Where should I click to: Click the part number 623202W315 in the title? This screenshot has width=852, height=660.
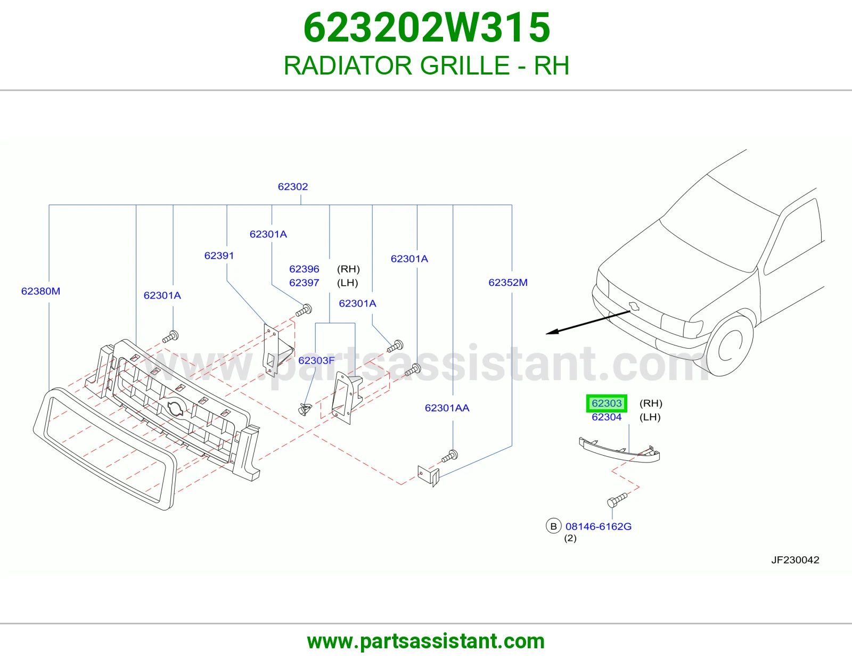[x=427, y=28]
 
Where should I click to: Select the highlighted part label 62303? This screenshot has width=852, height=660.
[x=607, y=403]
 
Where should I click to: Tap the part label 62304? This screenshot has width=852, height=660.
[x=607, y=417]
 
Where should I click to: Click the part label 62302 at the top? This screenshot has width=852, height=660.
[x=293, y=186]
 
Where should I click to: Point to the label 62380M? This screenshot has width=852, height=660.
[x=41, y=291]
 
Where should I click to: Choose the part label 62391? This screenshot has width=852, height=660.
[x=219, y=255]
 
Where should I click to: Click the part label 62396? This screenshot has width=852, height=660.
[x=304, y=269]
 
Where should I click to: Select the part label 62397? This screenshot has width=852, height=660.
[x=304, y=283]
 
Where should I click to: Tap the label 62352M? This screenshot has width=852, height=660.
[x=508, y=283]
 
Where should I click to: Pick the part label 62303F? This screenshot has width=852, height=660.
[x=316, y=360]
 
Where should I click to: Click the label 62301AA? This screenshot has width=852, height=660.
[x=447, y=408]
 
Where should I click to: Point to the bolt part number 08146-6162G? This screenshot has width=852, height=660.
[x=599, y=526]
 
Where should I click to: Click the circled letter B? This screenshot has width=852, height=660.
[x=554, y=526]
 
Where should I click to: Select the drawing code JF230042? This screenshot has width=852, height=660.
[x=795, y=559]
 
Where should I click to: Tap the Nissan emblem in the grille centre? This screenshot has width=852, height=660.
[x=175, y=408]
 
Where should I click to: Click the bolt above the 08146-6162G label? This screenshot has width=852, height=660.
[x=617, y=500]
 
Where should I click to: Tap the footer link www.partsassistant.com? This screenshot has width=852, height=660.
[x=426, y=641]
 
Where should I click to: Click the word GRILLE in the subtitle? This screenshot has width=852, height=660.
[x=465, y=65]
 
